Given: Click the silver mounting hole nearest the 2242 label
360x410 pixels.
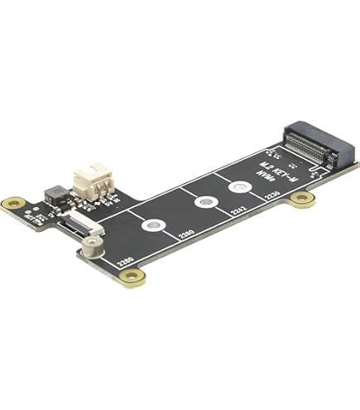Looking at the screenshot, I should pos(240,187).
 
